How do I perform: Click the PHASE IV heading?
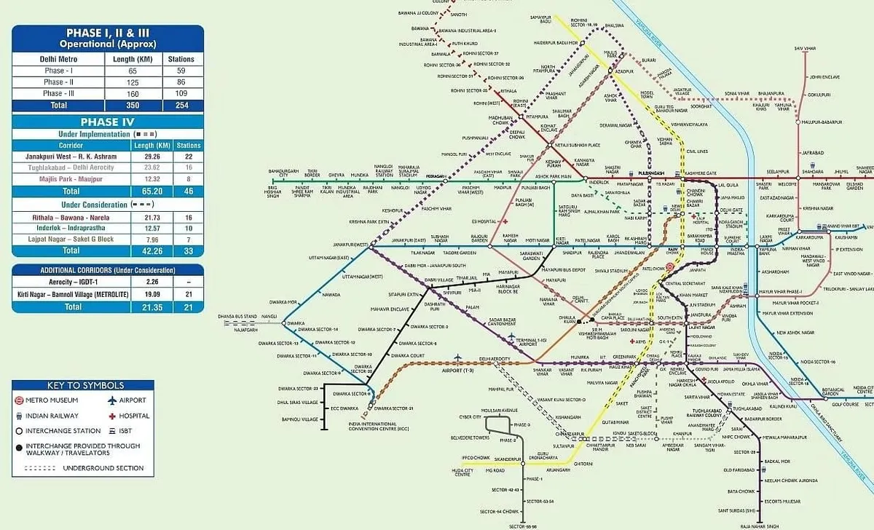tap(106, 122)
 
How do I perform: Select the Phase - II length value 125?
tap(133, 82)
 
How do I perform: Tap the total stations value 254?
tap(181, 105)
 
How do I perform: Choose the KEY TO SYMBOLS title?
tap(85, 385)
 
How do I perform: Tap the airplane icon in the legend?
tap(112, 400)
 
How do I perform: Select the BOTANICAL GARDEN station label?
tap(833, 392)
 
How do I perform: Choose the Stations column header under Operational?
tap(181, 59)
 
